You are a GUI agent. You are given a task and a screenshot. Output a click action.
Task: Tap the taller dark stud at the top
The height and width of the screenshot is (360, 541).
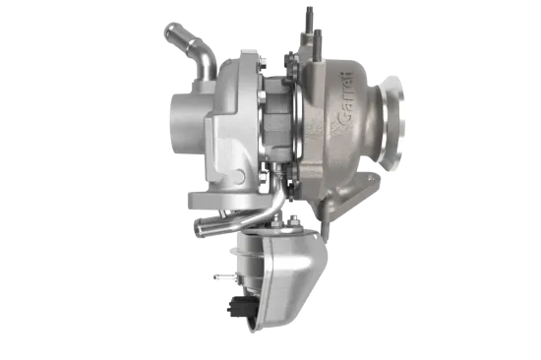point(309,19)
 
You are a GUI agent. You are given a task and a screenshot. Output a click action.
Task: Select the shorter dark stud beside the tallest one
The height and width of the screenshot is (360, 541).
point(318,44)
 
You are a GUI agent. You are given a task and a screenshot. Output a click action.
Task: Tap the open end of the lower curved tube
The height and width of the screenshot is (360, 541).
point(198,229)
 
